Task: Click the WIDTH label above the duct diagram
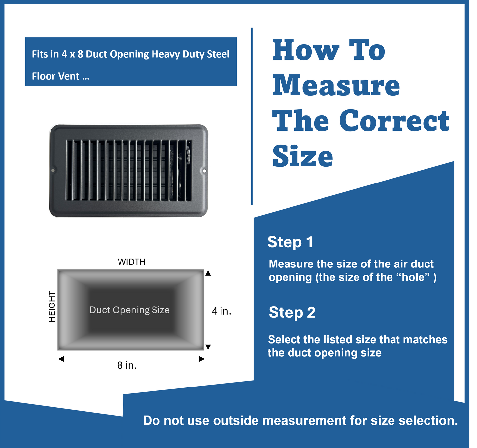[131, 262]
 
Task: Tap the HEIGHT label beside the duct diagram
[52, 307]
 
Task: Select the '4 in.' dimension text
[221, 311]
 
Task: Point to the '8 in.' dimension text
[127, 365]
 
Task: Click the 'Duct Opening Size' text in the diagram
[129, 310]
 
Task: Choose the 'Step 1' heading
[290, 242]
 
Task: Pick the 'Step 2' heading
[292, 312]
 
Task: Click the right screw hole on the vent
[204, 171]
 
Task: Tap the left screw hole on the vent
[53, 171]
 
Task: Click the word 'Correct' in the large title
[394, 120]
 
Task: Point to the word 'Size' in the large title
[303, 156]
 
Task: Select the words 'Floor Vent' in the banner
[55, 76]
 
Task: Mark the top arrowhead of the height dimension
[208, 273]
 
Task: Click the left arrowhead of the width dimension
[61, 359]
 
